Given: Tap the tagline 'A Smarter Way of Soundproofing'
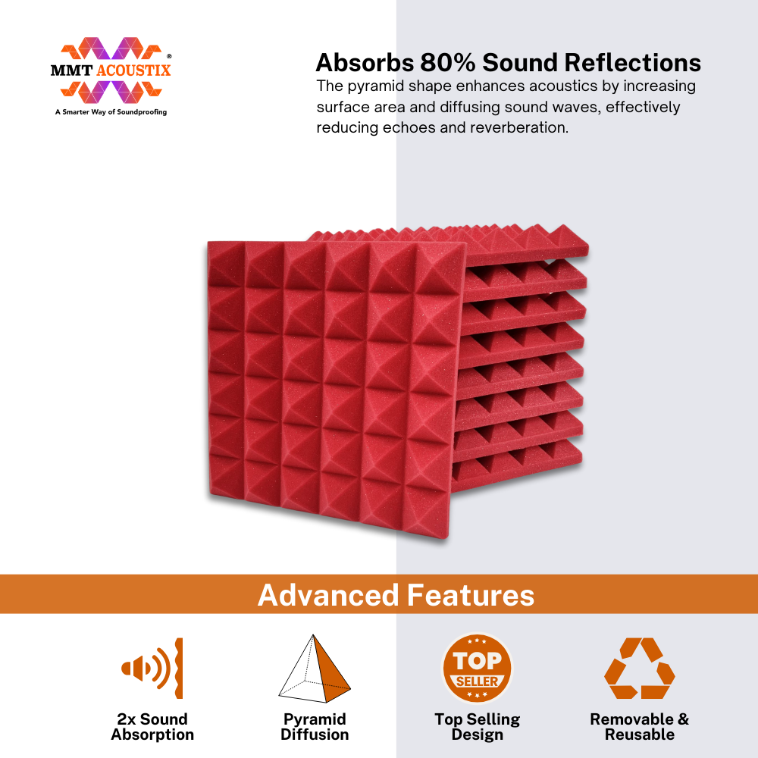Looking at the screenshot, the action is point(111,112).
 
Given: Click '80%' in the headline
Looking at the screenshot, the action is point(448,63).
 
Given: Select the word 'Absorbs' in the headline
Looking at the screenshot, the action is point(365,63).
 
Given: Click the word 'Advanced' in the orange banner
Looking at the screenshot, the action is point(328,595).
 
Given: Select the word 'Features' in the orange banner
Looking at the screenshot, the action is point(471,595).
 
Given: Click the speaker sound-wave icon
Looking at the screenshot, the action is point(152,668).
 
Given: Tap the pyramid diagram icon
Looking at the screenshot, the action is point(315,669).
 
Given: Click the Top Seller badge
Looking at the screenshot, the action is point(477,669).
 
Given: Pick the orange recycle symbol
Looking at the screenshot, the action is point(639,669).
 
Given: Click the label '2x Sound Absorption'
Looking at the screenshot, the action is point(152,727).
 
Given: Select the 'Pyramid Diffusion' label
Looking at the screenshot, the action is point(315,727).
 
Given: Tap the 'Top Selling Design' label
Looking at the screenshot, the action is point(477,727).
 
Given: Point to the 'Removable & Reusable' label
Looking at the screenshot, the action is point(639,727).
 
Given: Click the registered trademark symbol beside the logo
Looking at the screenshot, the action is point(169,56).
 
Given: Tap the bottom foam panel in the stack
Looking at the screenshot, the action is point(517,464).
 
